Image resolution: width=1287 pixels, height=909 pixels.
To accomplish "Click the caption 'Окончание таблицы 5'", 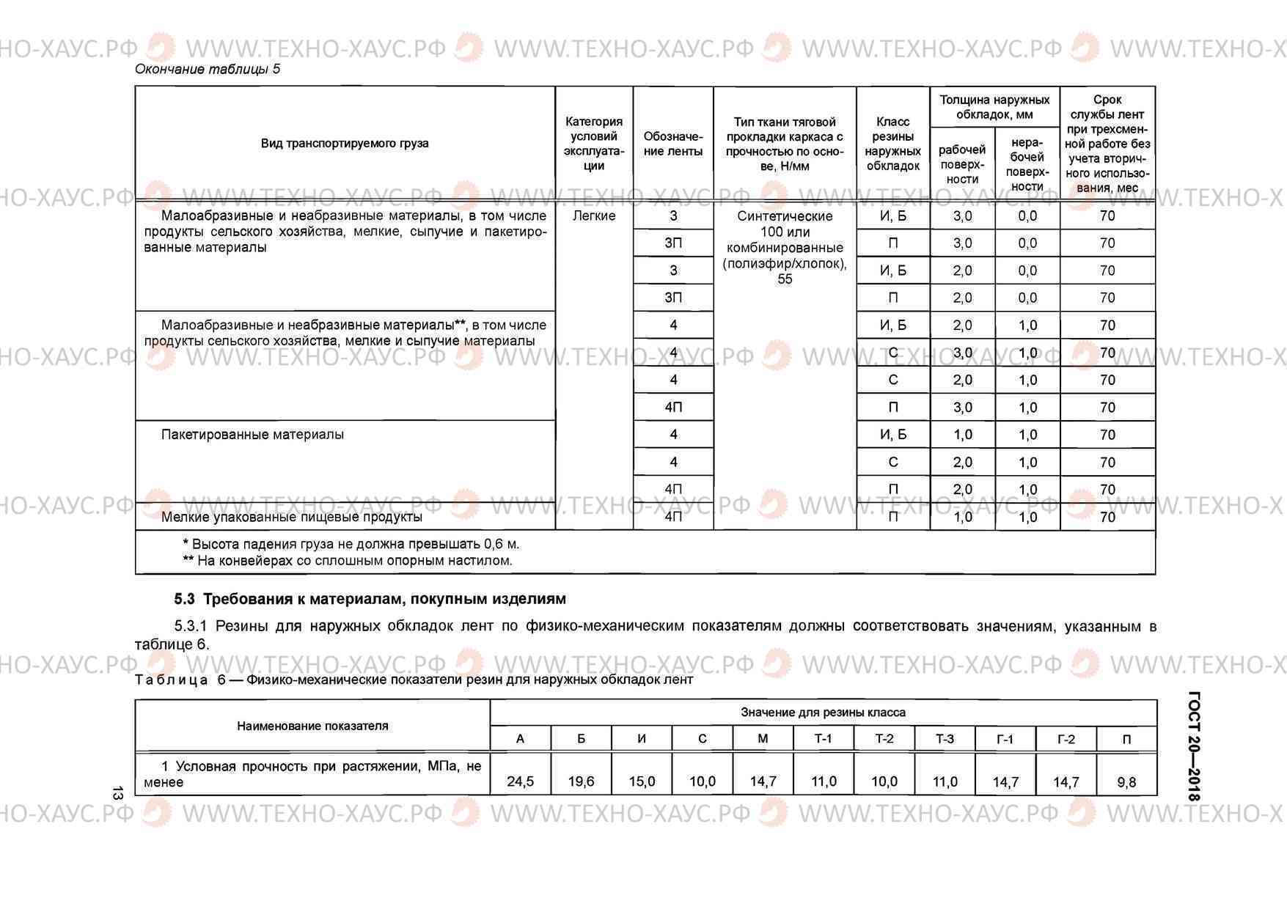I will pos(208,70).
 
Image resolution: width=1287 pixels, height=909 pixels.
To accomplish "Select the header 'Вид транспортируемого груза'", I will pos(345,143).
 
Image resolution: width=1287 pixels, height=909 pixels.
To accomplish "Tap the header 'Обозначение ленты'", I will pos(673,144).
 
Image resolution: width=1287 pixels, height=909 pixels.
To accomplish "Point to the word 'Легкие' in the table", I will pos(594,216).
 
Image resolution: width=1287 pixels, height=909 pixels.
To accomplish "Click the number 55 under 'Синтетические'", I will pos(785,279).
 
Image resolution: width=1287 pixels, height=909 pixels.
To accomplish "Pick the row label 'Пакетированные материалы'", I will pos(252,435).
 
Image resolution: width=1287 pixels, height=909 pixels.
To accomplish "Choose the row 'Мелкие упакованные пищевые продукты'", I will pos(292,517).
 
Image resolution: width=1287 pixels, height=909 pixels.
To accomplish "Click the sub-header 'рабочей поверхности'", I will pos(962,164).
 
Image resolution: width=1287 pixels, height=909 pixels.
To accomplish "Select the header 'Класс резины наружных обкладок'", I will pos(892,144).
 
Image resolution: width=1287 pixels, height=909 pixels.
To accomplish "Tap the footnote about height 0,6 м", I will pos(351,544).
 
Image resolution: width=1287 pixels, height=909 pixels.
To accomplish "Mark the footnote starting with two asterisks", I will pos(348,561).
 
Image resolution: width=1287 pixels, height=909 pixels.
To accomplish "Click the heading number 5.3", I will pos(185,599).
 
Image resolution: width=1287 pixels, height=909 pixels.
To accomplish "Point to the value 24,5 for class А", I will pos(521,781).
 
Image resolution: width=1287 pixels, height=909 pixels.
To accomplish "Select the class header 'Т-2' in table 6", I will pos(884,738).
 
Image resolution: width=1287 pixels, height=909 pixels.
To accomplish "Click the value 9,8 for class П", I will pos(1126,782).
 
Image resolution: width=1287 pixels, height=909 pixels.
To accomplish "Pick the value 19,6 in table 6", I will pos(581,781).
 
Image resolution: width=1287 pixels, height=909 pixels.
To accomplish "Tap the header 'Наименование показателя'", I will pos(312,726).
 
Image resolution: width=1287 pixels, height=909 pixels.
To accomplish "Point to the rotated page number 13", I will pos(117,793).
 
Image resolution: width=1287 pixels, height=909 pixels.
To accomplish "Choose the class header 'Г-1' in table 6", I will pos(1005,739).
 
